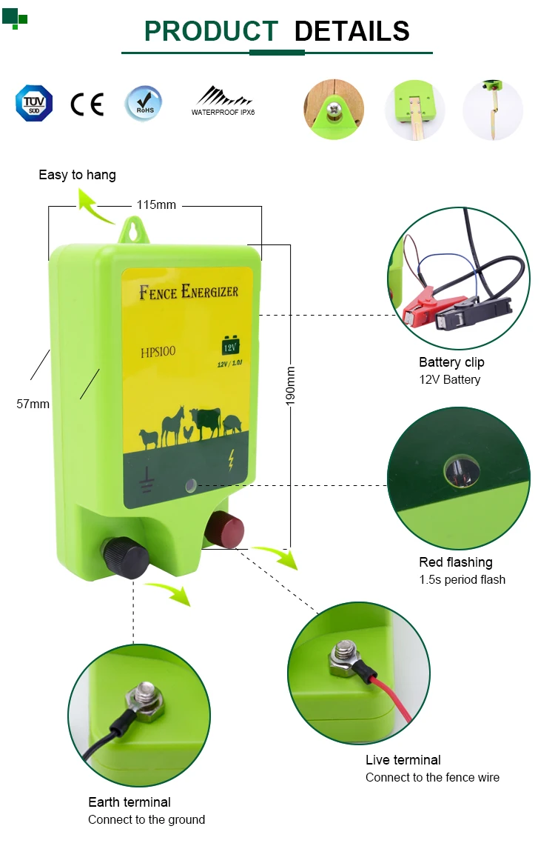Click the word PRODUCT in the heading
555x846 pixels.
click(x=211, y=31)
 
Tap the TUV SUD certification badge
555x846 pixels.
click(x=34, y=103)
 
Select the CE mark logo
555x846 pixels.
click(x=87, y=104)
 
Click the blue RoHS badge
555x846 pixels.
click(x=142, y=103)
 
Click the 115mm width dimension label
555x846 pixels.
click(x=156, y=204)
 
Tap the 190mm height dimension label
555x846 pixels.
click(x=290, y=385)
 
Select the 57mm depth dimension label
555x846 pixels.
click(x=33, y=404)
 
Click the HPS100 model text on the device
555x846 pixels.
click(x=158, y=352)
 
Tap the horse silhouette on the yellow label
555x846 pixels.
click(x=172, y=424)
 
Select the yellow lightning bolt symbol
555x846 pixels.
click(x=232, y=461)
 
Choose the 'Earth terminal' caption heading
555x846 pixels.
click(x=129, y=802)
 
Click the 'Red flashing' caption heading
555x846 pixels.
click(x=455, y=562)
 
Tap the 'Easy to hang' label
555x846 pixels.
click(x=77, y=175)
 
